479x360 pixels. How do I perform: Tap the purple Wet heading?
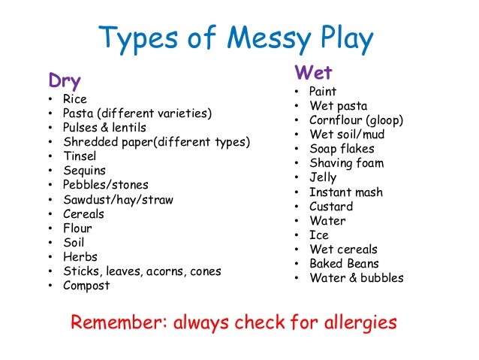(314, 73)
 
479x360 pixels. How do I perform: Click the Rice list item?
(75, 99)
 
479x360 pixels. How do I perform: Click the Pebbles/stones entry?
(106, 185)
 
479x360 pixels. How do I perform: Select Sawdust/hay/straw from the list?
(119, 199)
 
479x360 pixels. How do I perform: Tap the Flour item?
(78, 228)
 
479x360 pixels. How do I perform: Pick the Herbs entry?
(80, 256)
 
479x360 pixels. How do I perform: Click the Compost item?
(87, 286)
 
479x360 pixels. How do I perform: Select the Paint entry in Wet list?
(323, 92)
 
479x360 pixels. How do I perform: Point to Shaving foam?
(346, 163)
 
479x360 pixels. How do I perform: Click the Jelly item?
(323, 177)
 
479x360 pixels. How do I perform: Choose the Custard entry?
(331, 206)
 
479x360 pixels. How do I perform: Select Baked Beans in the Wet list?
(345, 264)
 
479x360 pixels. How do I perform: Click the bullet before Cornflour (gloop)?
(297, 120)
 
